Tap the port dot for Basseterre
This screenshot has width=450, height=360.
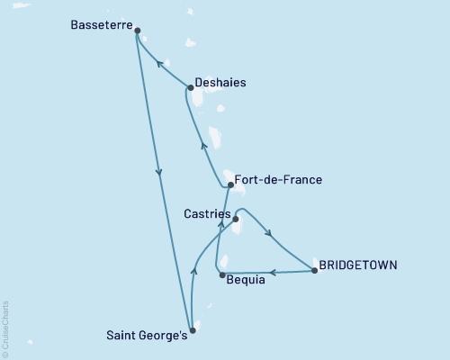[x=137, y=31]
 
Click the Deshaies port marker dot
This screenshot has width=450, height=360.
[x=190, y=88]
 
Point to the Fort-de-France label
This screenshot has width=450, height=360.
[x=278, y=180]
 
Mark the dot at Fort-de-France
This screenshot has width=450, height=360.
[x=231, y=185]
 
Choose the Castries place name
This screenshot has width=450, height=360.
[x=206, y=214]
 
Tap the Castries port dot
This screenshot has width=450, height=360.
[x=236, y=219]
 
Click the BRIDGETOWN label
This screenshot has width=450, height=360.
[x=358, y=265]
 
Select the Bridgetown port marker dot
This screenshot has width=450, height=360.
[x=314, y=270]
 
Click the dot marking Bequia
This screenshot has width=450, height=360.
[x=221, y=274]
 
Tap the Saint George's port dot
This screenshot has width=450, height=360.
[x=192, y=330]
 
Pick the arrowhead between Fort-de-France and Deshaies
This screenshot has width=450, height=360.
[x=204, y=146]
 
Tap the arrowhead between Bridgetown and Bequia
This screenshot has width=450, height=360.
[x=272, y=272]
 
